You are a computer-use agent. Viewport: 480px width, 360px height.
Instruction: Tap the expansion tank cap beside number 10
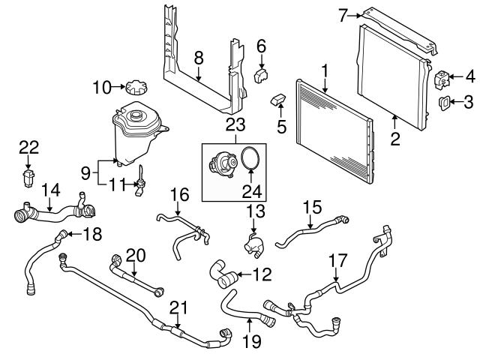(133, 88)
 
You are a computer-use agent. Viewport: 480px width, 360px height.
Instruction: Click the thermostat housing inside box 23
(221, 163)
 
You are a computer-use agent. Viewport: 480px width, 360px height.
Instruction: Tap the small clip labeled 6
(263, 74)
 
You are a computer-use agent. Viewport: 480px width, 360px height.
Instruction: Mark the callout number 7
(364, 13)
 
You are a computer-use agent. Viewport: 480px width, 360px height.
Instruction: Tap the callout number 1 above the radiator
(325, 72)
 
